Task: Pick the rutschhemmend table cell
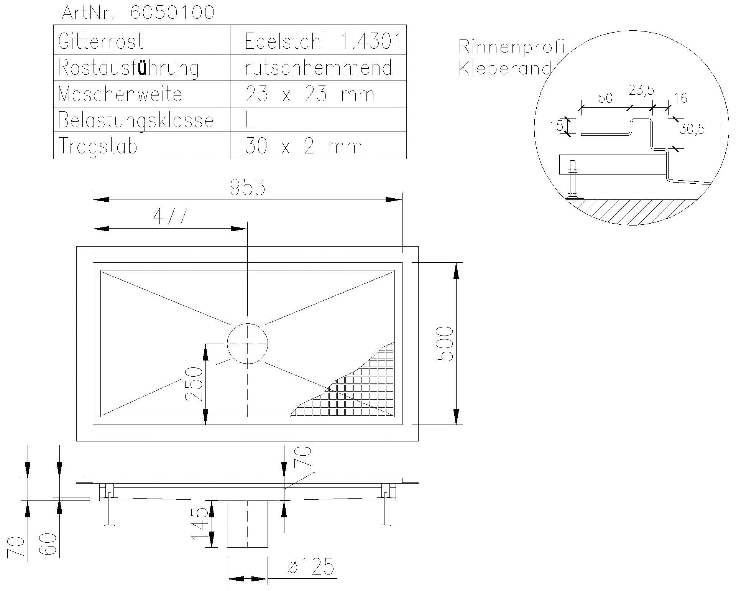click(x=318, y=67)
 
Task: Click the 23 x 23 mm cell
click(x=309, y=94)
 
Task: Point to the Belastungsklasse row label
click(x=135, y=120)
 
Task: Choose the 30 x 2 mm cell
click(x=303, y=146)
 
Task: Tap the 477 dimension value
click(x=170, y=217)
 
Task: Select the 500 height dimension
click(x=445, y=343)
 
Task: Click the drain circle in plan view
click(x=247, y=344)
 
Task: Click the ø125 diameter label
click(x=310, y=567)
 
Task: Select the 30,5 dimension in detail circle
click(x=692, y=130)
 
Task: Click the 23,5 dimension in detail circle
click(x=641, y=91)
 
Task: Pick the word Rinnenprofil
click(x=513, y=47)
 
